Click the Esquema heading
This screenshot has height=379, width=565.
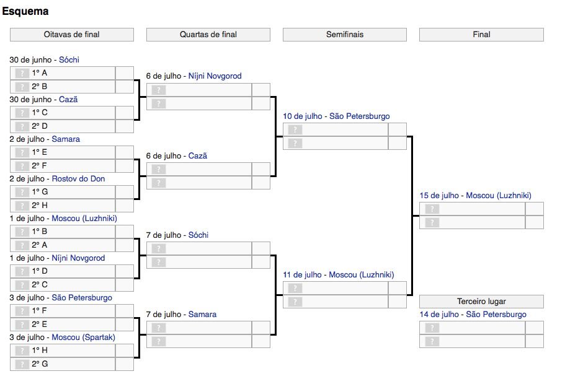point(25,11)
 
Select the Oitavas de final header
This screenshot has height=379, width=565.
point(72,35)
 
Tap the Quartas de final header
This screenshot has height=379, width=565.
point(208,35)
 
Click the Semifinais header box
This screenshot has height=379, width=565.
point(345,35)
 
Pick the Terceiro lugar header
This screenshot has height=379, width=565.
point(481,301)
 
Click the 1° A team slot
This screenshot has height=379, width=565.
point(63,73)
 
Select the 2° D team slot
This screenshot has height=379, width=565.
point(63,126)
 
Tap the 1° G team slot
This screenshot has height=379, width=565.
point(63,192)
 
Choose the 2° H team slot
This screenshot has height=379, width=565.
point(63,206)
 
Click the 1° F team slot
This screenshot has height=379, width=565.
point(63,311)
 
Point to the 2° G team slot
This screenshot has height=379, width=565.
point(63,364)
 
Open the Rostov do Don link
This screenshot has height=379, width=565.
point(78,179)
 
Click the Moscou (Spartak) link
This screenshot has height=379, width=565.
point(83,338)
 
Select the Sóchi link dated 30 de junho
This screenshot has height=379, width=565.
point(69,59)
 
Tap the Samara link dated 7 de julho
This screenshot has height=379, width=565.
point(203,314)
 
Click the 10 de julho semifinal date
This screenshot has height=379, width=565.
point(302,116)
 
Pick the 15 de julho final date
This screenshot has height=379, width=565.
point(439,196)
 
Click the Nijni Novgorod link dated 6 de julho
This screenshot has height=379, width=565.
point(215,76)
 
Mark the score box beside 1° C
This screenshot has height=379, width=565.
point(125,113)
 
